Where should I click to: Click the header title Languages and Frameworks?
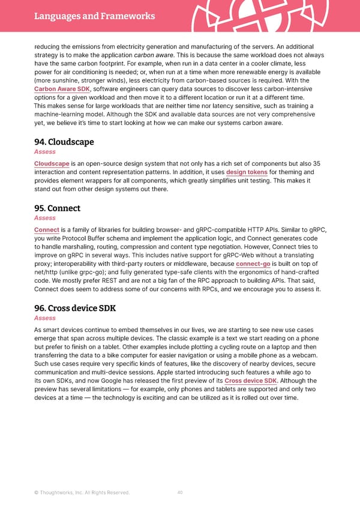click(x=94, y=16)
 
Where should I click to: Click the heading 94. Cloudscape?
click(x=64, y=142)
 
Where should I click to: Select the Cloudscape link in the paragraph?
click(x=51, y=164)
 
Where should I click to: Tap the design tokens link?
click(x=247, y=172)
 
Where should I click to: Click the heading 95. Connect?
click(x=57, y=208)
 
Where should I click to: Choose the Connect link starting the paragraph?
click(x=46, y=230)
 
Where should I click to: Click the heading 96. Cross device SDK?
click(x=75, y=309)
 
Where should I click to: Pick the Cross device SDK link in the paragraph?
click(x=251, y=381)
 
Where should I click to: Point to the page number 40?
click(x=180, y=493)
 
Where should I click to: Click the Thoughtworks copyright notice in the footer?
click(x=82, y=493)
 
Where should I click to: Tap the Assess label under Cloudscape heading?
click(x=45, y=152)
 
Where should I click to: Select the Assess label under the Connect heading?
click(x=45, y=218)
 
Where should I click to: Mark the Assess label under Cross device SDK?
click(x=45, y=318)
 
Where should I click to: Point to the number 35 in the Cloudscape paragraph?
click(x=316, y=164)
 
